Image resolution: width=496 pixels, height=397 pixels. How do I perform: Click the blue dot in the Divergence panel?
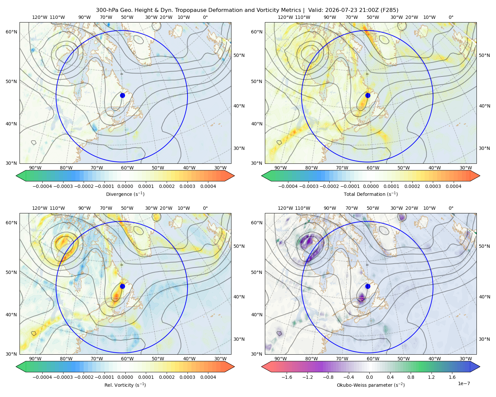click(122, 95)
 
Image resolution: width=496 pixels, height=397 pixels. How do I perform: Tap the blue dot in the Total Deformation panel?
click(368, 95)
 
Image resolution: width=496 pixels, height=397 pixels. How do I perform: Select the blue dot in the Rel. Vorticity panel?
click(122, 286)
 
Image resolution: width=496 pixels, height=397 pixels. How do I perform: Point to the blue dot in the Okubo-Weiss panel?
click(368, 286)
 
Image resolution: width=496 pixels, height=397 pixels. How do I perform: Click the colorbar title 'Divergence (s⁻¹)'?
click(125, 194)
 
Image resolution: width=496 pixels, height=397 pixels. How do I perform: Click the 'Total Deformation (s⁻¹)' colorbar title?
click(371, 194)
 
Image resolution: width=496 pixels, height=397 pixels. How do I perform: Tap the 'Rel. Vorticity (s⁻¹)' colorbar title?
click(125, 385)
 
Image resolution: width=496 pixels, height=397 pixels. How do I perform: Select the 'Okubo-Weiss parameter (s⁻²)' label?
click(371, 385)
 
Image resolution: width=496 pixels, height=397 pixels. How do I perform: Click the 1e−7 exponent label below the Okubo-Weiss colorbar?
click(464, 383)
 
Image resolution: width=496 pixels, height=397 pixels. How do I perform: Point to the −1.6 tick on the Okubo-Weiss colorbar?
click(287, 377)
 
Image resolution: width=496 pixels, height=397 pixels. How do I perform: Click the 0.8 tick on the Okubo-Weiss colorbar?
click(411, 377)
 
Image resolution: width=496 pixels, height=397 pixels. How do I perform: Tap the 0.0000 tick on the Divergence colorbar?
click(125, 186)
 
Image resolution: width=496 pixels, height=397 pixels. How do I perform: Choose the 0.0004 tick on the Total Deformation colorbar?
click(454, 186)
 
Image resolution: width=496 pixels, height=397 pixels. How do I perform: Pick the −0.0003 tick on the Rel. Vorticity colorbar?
click(63, 377)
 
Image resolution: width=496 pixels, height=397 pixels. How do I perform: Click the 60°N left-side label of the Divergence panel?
click(11, 32)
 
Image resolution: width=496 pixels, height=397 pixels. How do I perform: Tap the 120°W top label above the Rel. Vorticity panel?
click(40, 208)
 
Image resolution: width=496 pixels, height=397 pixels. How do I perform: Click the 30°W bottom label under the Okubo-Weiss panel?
click(466, 359)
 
